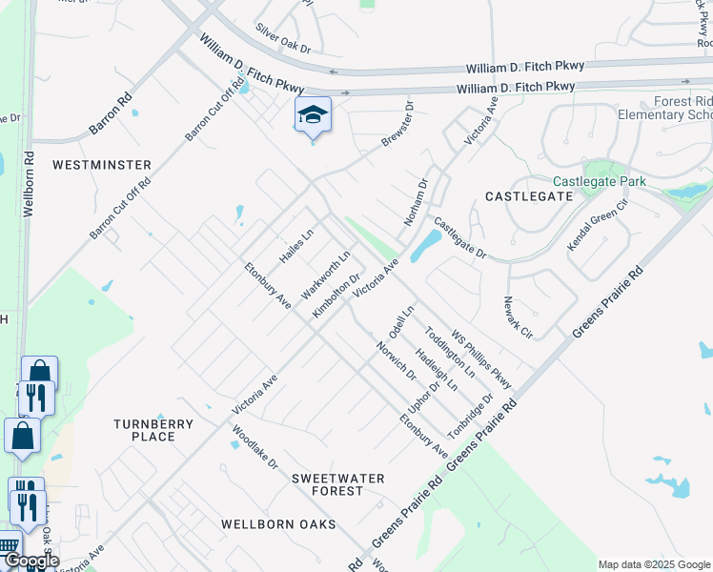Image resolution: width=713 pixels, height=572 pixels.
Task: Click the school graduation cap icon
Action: point(313,115)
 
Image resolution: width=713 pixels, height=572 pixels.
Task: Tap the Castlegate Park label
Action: point(599,181)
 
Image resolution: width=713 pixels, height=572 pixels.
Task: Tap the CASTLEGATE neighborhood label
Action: point(528,196)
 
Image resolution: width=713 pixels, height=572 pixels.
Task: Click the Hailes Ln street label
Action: point(295,247)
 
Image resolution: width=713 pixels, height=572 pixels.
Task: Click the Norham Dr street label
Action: point(416,201)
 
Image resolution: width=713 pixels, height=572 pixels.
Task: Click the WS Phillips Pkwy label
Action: point(481,359)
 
